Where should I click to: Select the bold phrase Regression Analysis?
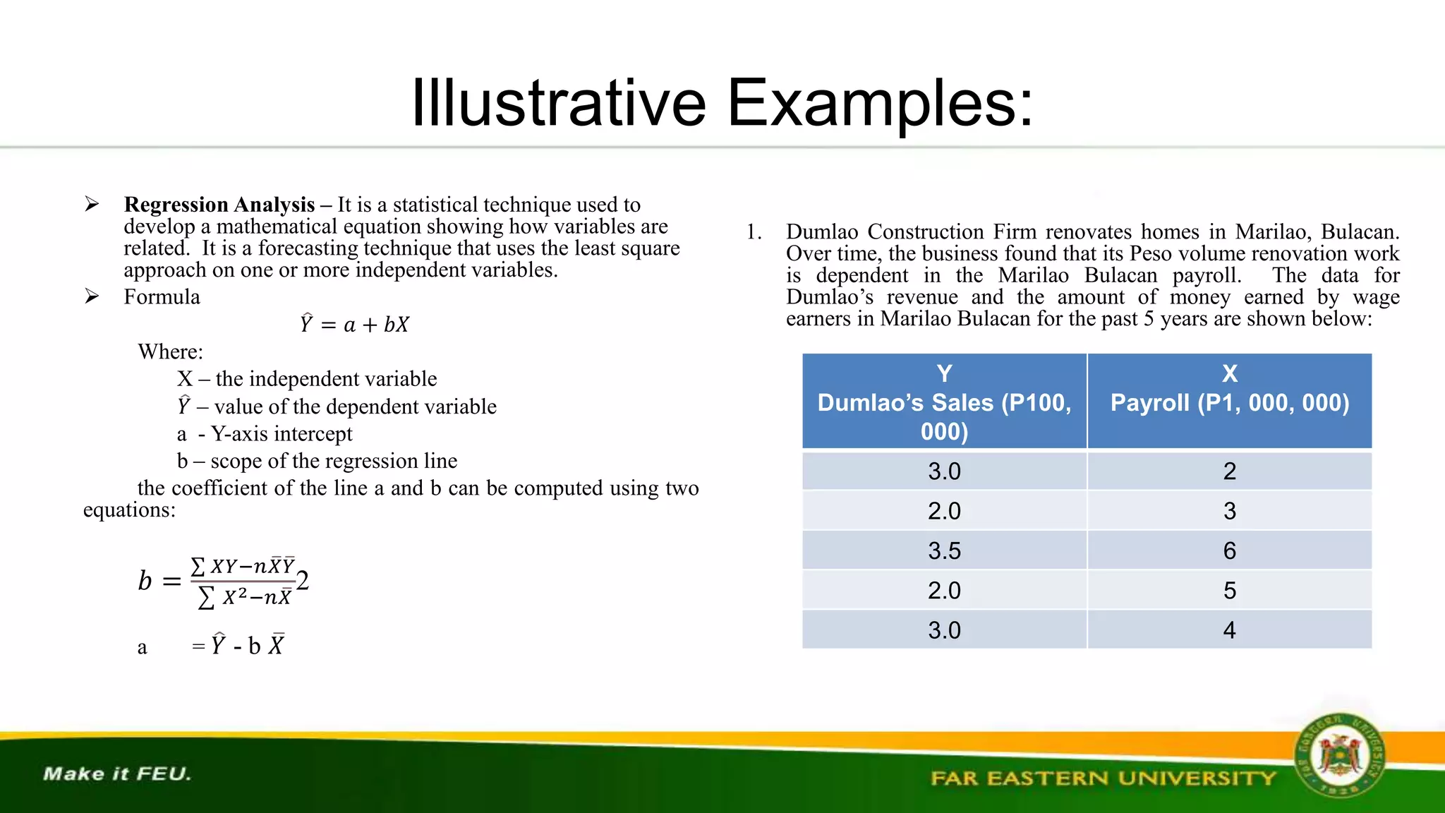(x=219, y=205)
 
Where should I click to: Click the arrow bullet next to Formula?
(x=92, y=296)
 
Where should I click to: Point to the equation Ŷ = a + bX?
(x=354, y=324)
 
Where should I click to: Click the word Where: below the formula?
(x=170, y=351)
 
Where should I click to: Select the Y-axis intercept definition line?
(x=265, y=433)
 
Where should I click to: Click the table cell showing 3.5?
(x=944, y=550)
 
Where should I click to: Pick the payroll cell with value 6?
(x=1229, y=550)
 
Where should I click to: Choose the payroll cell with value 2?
(x=1229, y=471)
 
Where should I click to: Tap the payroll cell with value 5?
(x=1229, y=590)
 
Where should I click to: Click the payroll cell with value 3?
(x=1229, y=511)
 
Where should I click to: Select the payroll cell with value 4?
(x=1229, y=630)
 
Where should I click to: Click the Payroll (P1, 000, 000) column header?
(x=1229, y=401)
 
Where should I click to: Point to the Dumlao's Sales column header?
(x=944, y=402)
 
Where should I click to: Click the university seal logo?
(x=1338, y=756)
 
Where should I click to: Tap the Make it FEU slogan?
(x=117, y=773)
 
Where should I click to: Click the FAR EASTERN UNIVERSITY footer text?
(x=1103, y=778)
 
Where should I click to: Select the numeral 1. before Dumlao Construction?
(x=754, y=232)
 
